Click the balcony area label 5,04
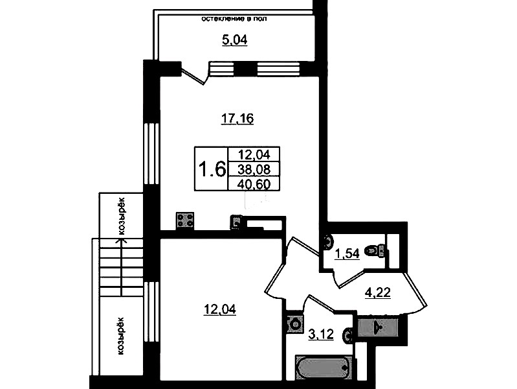(235, 40)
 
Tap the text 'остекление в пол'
(234, 19)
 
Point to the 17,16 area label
(237, 118)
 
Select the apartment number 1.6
(212, 169)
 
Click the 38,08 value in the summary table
(254, 170)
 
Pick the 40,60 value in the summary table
(254, 184)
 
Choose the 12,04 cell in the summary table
(254, 154)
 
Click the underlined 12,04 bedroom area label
(220, 310)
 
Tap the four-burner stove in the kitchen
(185, 220)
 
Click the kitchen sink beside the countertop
(236, 222)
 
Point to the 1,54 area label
(347, 255)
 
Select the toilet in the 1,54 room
(375, 250)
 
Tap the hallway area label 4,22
(378, 292)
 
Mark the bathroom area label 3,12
(321, 335)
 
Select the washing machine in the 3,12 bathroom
(294, 324)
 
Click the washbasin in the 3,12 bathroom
(348, 335)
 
